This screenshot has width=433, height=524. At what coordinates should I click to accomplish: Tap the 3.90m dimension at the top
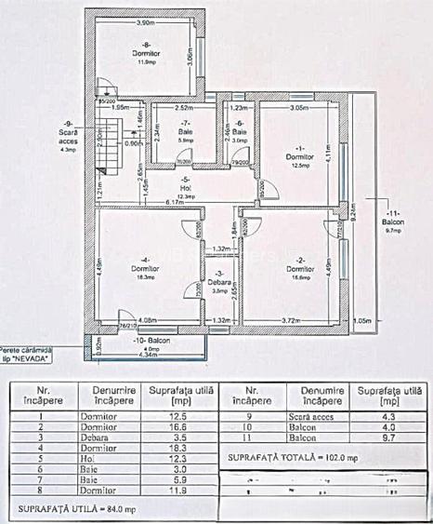point(145,21)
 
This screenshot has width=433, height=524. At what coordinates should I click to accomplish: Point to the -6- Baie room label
point(239,131)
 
